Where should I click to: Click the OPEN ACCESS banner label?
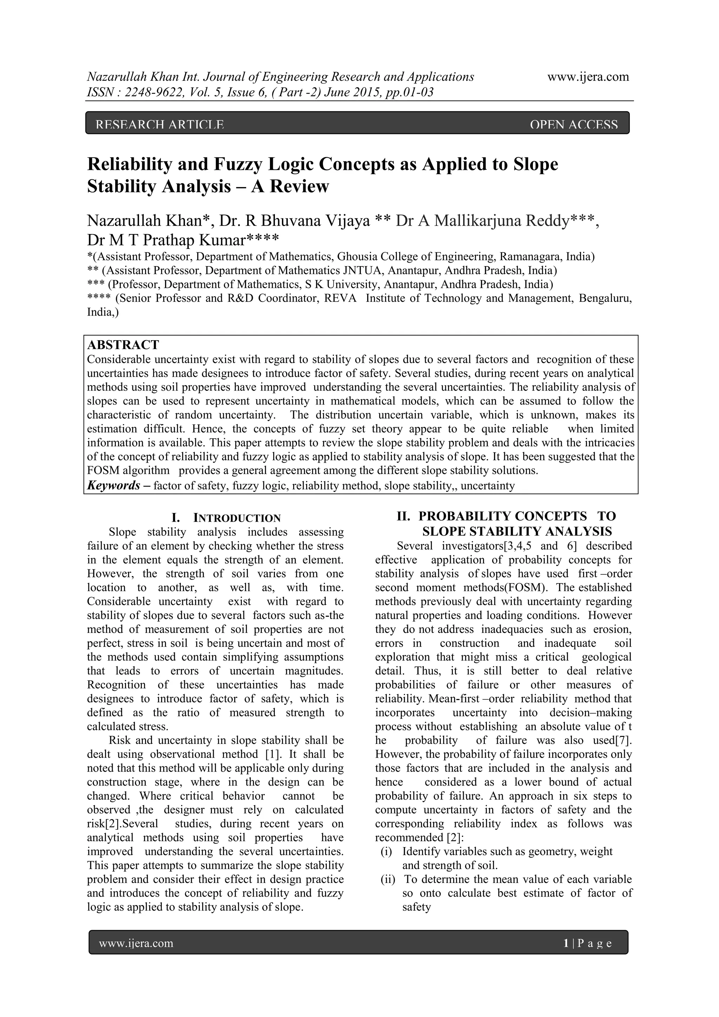point(573,125)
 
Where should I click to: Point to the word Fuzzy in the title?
point(240,164)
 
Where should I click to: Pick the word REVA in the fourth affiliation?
point(340,298)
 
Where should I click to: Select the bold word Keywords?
point(113,486)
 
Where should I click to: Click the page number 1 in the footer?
point(566,944)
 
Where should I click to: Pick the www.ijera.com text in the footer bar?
point(136,944)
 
